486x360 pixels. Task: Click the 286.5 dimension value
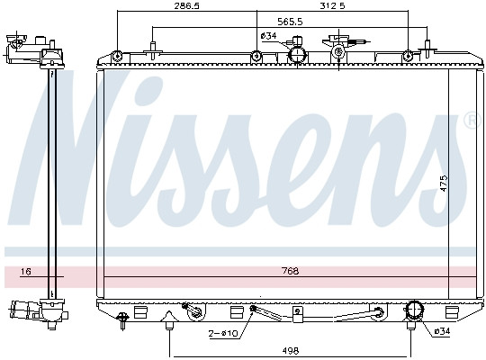click(186, 6)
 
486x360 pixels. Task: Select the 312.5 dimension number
click(332, 6)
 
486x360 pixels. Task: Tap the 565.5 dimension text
click(290, 22)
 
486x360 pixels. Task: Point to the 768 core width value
click(291, 271)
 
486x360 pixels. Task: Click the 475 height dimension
click(444, 184)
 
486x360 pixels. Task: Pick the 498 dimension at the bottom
click(291, 351)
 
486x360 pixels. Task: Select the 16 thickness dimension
click(26, 272)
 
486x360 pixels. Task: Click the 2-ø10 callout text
click(223, 333)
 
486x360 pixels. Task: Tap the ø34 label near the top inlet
click(268, 36)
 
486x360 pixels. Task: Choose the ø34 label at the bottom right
click(442, 331)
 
